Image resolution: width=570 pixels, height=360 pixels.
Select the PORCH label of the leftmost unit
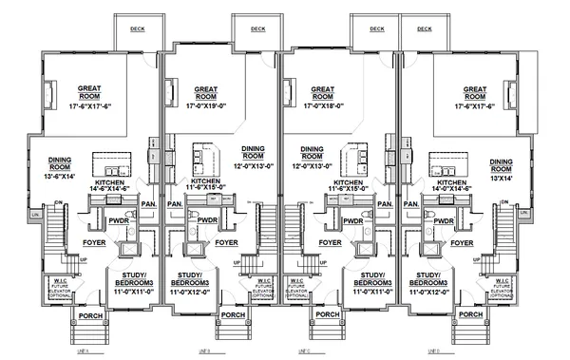point(88,314)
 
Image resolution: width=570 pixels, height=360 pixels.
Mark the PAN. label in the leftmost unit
point(148,202)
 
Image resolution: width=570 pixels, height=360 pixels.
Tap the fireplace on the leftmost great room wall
point(49,93)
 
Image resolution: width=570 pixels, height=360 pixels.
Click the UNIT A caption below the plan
point(81,351)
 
